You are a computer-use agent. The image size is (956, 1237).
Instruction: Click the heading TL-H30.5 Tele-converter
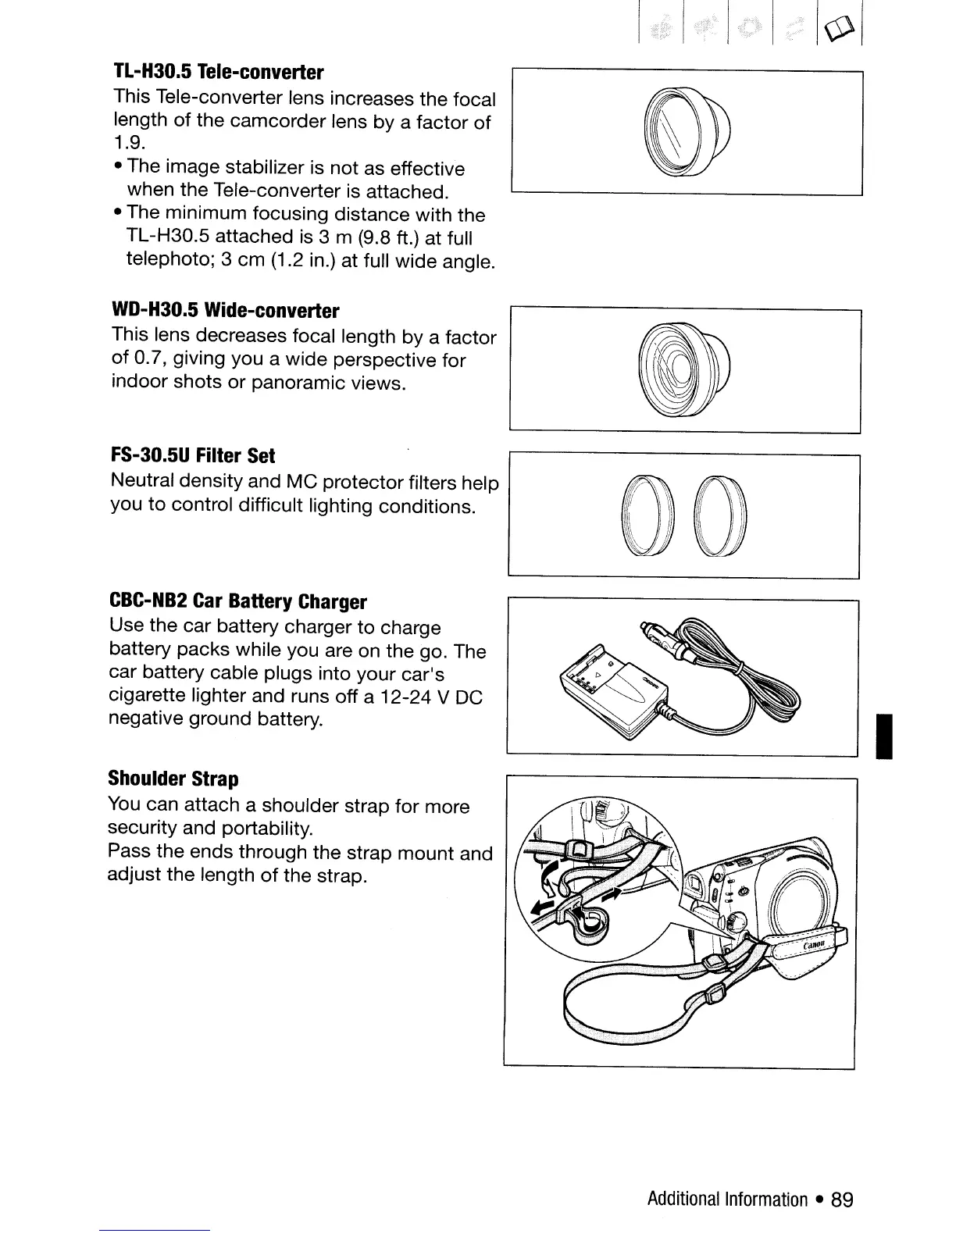tap(218, 73)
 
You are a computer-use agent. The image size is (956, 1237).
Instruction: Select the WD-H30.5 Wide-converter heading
tap(226, 312)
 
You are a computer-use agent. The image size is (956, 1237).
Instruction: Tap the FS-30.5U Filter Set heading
tap(193, 455)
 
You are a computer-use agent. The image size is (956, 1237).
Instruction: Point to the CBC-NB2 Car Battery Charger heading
tap(237, 602)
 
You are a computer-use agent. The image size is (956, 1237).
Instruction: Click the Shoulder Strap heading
tap(173, 779)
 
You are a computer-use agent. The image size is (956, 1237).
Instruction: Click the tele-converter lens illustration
tap(684, 130)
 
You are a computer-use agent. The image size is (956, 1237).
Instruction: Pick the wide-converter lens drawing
tap(684, 369)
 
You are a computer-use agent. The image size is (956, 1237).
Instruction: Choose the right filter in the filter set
tap(722, 515)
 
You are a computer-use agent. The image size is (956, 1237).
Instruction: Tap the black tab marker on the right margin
tap(884, 735)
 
